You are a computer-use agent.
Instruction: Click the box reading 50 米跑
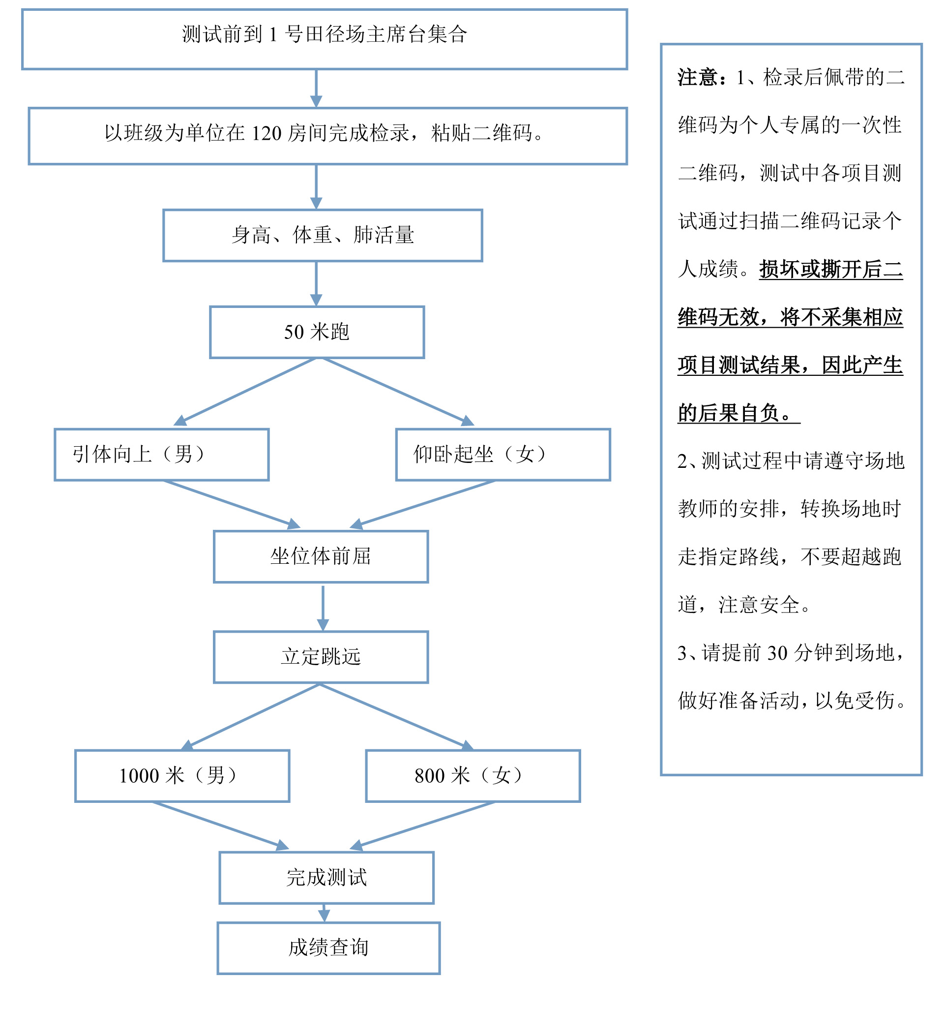click(x=316, y=332)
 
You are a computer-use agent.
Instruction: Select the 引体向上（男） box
click(x=161, y=455)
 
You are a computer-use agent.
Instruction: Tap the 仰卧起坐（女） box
click(x=503, y=455)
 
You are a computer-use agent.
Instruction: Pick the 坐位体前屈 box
click(x=321, y=557)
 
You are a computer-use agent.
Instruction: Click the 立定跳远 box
click(x=321, y=657)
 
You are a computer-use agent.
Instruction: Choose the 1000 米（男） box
click(x=182, y=776)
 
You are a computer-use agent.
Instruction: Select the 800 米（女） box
click(x=472, y=776)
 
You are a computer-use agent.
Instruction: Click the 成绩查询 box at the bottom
click(x=328, y=948)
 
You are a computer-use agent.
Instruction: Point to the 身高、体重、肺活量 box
click(x=323, y=236)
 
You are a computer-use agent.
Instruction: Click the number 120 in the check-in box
click(x=266, y=134)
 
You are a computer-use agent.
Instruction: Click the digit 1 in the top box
click(x=273, y=34)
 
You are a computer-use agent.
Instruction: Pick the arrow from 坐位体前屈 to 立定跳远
click(x=323, y=608)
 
